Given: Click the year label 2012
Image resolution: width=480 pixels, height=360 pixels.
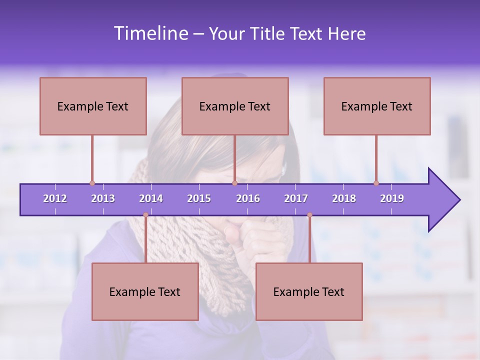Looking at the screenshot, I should coord(55,198).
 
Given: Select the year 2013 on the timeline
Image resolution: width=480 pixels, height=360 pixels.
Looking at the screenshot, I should coord(103,198).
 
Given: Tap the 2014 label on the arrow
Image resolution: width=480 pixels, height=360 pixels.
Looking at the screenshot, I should coord(151,198).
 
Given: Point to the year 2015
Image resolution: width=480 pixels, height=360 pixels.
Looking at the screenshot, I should coord(199,198).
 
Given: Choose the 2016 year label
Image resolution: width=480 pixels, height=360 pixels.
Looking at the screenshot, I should coord(248,198).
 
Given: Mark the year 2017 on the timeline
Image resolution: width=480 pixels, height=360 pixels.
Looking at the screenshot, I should coord(296,198).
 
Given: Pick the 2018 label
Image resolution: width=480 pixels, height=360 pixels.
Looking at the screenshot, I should coord(344,198).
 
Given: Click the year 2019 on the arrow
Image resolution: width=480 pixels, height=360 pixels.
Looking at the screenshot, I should coord(392,198).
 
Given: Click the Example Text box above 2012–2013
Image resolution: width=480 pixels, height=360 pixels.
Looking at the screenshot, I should coord(93,106).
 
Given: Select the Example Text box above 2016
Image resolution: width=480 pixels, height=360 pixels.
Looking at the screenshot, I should coord(235,106).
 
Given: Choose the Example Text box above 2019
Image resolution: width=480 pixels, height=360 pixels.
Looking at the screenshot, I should coord(377,106).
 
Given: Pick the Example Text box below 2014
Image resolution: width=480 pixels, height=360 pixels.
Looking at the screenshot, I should coord(145,291).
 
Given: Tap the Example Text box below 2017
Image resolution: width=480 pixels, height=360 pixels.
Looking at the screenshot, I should coord(309,291).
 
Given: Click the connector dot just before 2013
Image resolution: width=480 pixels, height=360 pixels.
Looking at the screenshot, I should coord(92,183).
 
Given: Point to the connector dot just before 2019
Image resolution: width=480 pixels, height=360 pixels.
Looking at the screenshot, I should coord(376,183).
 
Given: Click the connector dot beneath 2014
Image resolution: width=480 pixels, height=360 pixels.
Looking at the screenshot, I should coord(145,215).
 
